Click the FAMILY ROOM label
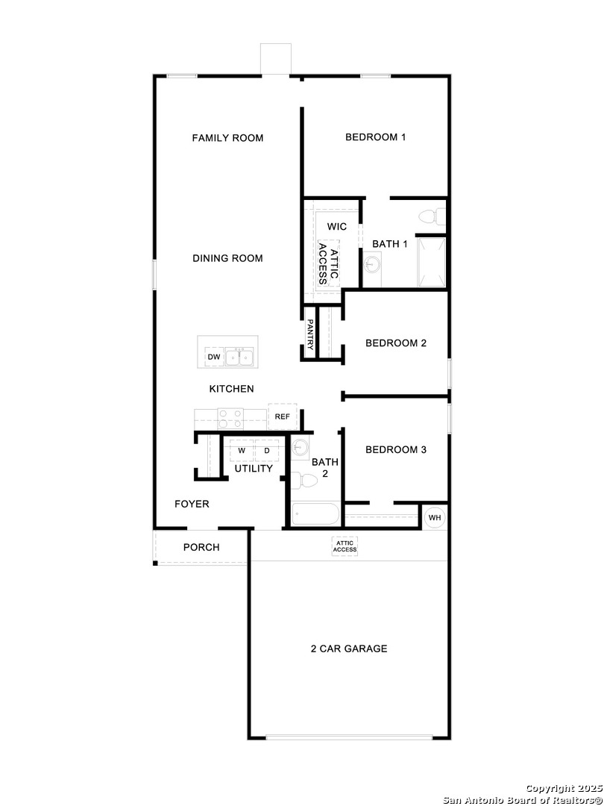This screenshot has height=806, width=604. pyautogui.click(x=227, y=138)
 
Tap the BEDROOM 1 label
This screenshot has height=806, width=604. pyautogui.click(x=375, y=137)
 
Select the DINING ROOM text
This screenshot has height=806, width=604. pyautogui.click(x=227, y=259)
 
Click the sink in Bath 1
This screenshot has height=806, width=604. pyautogui.click(x=372, y=263)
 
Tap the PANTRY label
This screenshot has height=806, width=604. pyautogui.click(x=310, y=334)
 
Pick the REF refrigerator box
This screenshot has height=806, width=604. pyautogui.click(x=282, y=416)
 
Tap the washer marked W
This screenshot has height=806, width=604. pyautogui.click(x=242, y=451)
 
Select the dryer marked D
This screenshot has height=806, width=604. pyautogui.click(x=266, y=451)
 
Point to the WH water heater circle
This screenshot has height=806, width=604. pyautogui.click(x=435, y=517)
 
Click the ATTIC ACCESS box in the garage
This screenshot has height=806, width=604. pyautogui.click(x=345, y=546)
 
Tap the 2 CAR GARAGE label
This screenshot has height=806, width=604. pyautogui.click(x=349, y=649)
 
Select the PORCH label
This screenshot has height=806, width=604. pyautogui.click(x=201, y=548)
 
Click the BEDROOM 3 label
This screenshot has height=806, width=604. pyautogui.click(x=395, y=450)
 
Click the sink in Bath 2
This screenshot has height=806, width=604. pyautogui.click(x=301, y=448)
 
